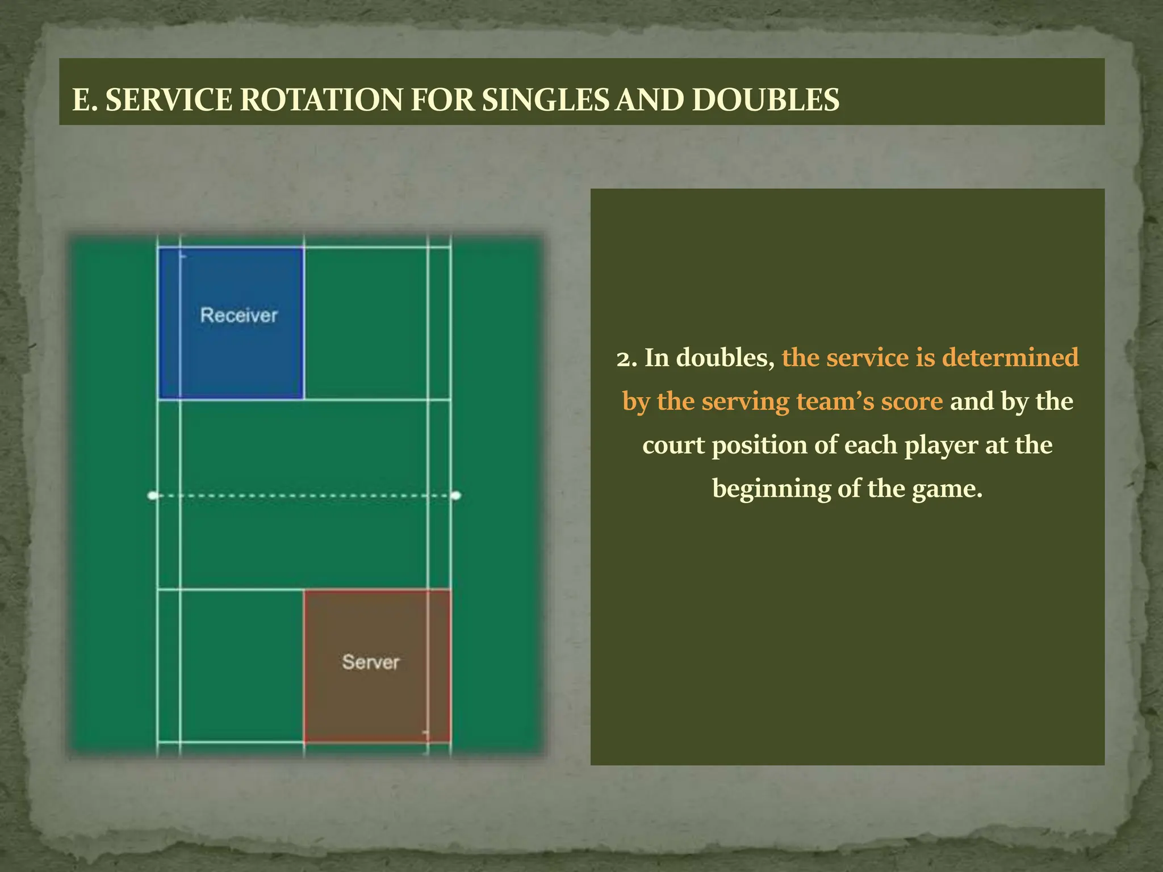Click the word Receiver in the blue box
(239, 315)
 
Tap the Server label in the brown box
(371, 662)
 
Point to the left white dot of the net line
(152, 496)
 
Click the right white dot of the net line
(455, 496)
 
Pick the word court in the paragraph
(673, 445)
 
